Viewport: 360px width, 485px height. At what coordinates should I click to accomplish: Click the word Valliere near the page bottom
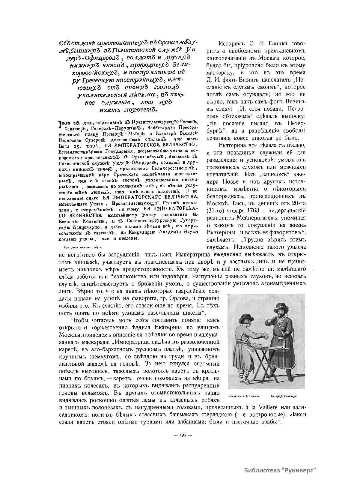pos(263,408)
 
